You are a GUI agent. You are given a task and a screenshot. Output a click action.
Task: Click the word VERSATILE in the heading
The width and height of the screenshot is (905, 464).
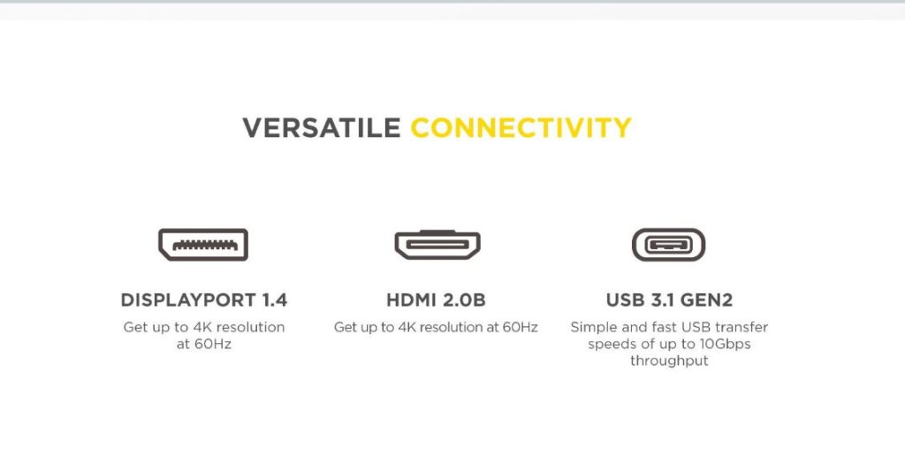tap(321, 128)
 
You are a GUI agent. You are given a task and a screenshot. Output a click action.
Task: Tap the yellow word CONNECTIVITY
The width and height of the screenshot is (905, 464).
tap(521, 128)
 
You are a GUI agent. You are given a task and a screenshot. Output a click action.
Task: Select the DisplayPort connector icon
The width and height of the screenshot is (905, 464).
tap(203, 244)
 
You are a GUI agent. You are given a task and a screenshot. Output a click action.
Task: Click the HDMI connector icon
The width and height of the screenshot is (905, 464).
tap(437, 244)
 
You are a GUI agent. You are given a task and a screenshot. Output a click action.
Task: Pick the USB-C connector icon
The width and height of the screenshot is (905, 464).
tap(668, 244)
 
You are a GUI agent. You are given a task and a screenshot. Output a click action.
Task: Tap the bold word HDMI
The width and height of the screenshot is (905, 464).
tap(412, 300)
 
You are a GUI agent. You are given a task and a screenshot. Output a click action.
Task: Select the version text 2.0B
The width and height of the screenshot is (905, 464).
tap(465, 300)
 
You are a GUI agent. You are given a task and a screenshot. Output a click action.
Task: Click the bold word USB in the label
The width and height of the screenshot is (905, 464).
tap(625, 300)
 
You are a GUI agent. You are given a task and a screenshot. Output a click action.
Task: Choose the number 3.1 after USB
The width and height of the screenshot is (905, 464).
tap(665, 300)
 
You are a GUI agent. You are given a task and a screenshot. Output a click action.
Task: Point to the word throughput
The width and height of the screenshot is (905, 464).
tap(669, 361)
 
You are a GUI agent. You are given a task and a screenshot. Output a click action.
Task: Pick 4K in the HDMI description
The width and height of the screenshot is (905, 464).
tap(407, 327)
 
